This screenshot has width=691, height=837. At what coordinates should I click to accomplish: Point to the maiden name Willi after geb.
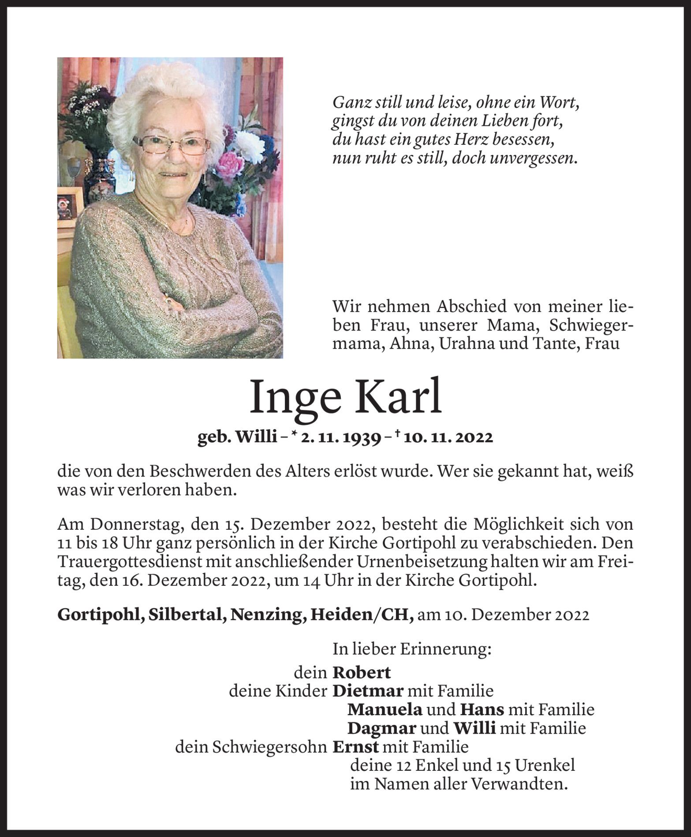click(256, 437)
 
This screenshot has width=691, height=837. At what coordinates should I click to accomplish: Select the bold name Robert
click(361, 672)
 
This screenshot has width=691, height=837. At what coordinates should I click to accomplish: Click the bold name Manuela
click(385, 709)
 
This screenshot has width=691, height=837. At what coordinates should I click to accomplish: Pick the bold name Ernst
click(355, 747)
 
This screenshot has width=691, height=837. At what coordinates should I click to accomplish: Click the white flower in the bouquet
click(249, 146)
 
